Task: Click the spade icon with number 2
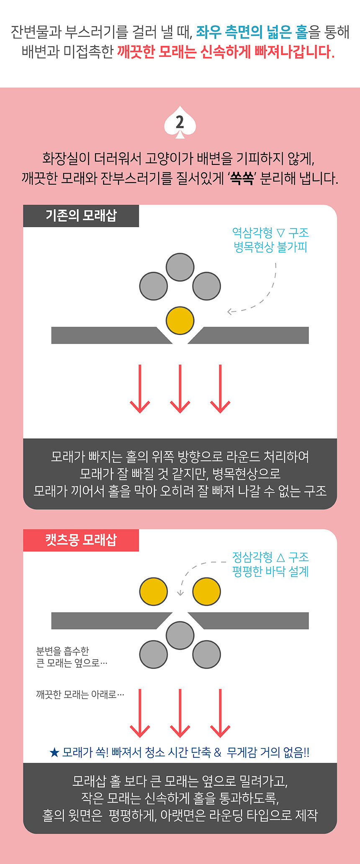pyautogui.click(x=180, y=122)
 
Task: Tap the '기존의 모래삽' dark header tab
pyautogui.click(x=81, y=216)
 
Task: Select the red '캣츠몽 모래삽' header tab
pyautogui.click(x=81, y=540)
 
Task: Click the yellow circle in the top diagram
pyautogui.click(x=180, y=321)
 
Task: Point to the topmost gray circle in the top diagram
pyautogui.click(x=180, y=267)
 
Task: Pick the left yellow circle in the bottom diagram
pyautogui.click(x=154, y=591)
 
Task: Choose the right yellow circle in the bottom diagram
pyautogui.click(x=206, y=591)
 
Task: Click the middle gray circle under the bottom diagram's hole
pyautogui.click(x=180, y=635)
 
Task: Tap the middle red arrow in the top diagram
pyautogui.click(x=180, y=389)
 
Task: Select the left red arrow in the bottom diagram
pyautogui.click(x=140, y=713)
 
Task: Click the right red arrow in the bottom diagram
pyautogui.click(x=220, y=713)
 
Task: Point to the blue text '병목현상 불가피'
pyautogui.click(x=270, y=247)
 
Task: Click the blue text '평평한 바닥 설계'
pyautogui.click(x=270, y=571)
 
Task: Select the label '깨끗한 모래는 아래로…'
pyautogui.click(x=80, y=694)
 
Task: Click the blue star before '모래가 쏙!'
pyautogui.click(x=54, y=753)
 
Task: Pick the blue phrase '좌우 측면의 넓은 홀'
pyautogui.click(x=252, y=32)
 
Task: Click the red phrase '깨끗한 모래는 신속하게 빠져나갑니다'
pyautogui.click(x=226, y=52)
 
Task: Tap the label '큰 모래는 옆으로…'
pyautogui.click(x=72, y=663)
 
